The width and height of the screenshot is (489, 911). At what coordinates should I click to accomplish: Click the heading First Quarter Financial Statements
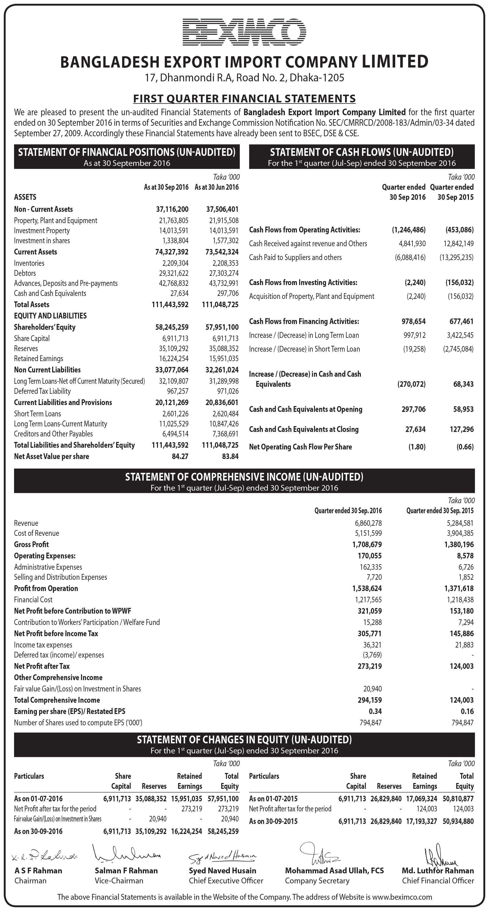point(244,98)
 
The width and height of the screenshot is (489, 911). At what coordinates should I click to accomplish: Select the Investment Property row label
point(42,231)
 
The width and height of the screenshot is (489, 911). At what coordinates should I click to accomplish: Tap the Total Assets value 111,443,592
point(170,304)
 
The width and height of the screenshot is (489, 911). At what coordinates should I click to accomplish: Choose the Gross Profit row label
point(31,544)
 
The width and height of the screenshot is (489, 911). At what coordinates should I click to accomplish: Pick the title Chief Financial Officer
point(438,881)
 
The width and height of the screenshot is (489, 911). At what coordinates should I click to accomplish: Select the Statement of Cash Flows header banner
point(362,156)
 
